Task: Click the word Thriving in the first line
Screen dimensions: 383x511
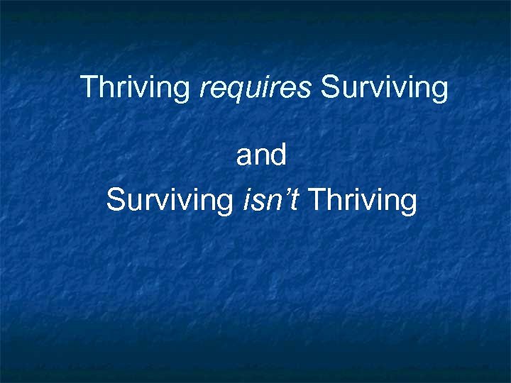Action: tap(135, 88)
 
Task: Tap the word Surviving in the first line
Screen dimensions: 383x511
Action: tap(384, 88)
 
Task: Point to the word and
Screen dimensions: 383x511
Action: tap(261, 155)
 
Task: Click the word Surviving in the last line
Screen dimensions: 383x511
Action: tap(169, 201)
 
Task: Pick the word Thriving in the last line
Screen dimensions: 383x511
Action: tap(363, 201)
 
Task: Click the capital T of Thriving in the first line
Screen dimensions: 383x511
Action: tap(89, 87)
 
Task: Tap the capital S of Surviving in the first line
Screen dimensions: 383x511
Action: tap(330, 87)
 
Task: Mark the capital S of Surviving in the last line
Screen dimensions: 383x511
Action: tap(115, 201)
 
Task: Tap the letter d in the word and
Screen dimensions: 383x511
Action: tap(278, 155)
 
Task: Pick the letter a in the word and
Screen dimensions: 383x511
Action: tap(244, 157)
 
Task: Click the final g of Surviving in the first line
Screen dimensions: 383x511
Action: tap(440, 91)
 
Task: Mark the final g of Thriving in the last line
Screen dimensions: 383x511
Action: tap(408, 204)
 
